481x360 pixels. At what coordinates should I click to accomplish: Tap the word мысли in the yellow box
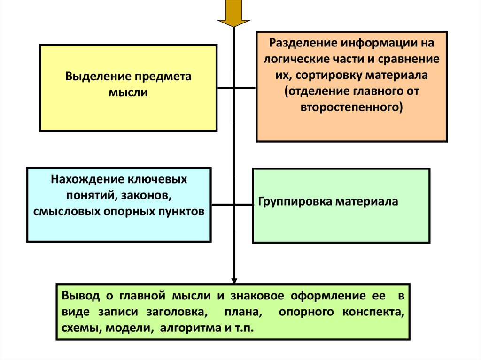[128, 92]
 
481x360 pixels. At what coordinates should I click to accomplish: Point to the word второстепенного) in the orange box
[352, 107]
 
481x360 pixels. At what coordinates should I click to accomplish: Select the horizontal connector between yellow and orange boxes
[236, 88]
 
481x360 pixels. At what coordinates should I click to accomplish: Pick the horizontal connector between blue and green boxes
[232, 204]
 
